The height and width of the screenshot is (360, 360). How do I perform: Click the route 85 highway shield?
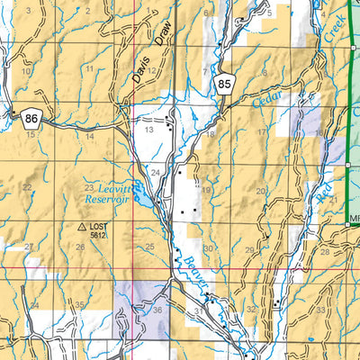224,85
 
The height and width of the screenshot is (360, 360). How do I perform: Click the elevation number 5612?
100,236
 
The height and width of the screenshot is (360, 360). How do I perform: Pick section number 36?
157,310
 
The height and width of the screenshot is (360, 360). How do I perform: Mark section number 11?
89,69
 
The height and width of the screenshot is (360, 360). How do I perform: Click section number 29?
249,249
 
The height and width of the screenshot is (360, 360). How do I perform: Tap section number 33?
320,310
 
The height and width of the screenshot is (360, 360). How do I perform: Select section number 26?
80,247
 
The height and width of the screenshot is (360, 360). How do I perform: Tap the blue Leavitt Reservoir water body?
137,192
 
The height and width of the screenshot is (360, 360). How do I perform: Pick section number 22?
27,187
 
